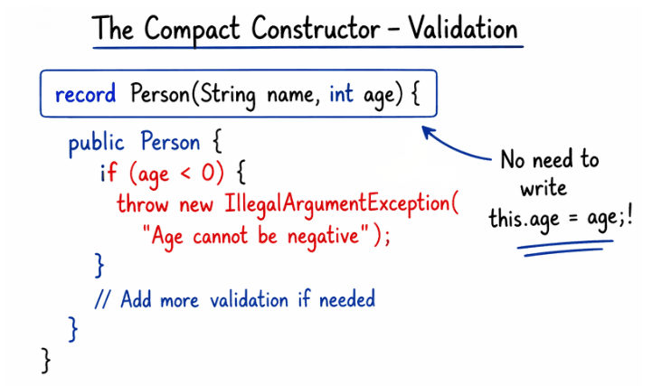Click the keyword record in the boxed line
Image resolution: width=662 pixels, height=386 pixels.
pos(87,94)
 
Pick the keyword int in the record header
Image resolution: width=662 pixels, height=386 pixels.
pos(341,94)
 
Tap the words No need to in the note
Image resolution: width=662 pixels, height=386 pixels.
pos(550,161)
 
